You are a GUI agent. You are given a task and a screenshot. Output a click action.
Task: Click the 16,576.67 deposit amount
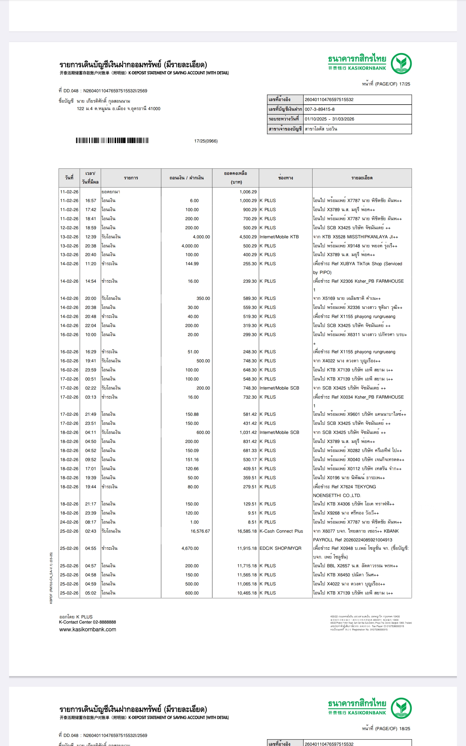click(x=200, y=531)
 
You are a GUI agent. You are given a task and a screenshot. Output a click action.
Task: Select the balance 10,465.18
click(x=247, y=593)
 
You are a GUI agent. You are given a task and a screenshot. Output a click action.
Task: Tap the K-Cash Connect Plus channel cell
click(x=281, y=531)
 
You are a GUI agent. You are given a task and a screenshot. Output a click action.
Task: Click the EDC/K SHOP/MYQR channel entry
click(x=280, y=548)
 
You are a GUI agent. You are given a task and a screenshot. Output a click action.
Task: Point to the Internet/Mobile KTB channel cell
click(x=279, y=237)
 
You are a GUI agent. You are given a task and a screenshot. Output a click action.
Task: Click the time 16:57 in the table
click(x=91, y=200)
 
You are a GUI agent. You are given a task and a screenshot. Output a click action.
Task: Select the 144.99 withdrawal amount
click(x=192, y=264)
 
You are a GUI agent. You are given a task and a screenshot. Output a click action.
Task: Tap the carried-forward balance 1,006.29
click(x=248, y=192)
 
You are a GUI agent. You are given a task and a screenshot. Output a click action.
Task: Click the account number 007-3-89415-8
click(x=319, y=109)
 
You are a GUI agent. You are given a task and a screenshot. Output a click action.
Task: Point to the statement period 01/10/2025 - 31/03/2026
click(x=329, y=119)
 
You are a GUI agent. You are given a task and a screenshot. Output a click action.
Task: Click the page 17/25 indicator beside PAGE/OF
click(x=405, y=84)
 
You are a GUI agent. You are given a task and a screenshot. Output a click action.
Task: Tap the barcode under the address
click(x=112, y=140)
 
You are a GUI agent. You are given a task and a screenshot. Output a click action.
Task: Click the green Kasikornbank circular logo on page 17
click(x=401, y=63)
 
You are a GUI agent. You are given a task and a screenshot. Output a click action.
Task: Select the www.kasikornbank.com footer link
click(x=87, y=629)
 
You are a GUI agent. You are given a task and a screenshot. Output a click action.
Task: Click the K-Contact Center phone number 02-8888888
click(x=104, y=622)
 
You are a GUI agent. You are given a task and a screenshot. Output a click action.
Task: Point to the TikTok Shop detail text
click(x=357, y=264)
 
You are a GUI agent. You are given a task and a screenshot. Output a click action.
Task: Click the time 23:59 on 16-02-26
click(x=91, y=370)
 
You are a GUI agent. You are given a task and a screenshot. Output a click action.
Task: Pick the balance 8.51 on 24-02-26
click(x=252, y=522)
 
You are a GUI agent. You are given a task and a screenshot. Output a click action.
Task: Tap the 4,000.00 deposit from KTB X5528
click(x=201, y=237)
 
